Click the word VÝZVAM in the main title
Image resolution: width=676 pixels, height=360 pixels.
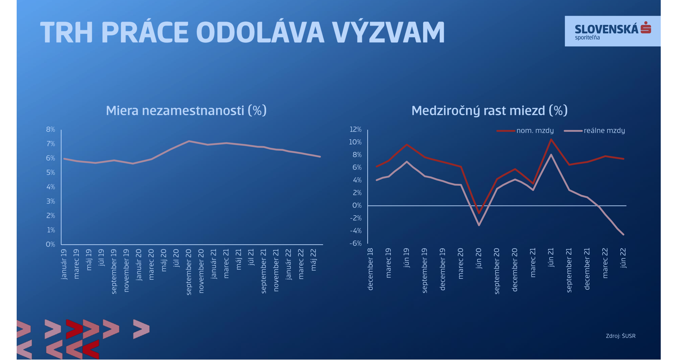click(388, 32)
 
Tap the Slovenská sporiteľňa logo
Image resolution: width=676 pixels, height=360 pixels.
click(613, 31)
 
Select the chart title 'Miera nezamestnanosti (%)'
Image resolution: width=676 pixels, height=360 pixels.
click(186, 110)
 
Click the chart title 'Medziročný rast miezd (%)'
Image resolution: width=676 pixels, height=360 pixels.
click(489, 110)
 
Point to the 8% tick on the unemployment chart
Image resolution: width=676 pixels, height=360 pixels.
click(51, 129)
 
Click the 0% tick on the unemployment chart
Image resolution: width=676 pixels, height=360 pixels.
click(50, 244)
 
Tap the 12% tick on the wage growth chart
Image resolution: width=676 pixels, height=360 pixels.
click(355, 129)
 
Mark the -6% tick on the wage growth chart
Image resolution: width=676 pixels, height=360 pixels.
click(355, 244)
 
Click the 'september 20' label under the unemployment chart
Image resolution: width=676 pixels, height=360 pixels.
click(189, 272)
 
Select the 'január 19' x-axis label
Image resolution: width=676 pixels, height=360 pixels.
click(64, 264)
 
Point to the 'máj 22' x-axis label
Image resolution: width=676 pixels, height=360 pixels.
click(314, 260)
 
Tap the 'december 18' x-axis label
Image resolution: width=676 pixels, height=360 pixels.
click(370, 269)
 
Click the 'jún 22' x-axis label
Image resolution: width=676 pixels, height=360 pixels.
click(623, 258)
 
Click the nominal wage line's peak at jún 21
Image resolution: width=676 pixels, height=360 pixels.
click(551, 139)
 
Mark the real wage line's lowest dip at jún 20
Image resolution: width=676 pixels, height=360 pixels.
click(479, 225)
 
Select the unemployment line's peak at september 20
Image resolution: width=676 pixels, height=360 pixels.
click(189, 141)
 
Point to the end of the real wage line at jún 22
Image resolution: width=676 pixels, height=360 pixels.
click(623, 234)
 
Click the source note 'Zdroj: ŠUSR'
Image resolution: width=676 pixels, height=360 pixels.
click(621, 336)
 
